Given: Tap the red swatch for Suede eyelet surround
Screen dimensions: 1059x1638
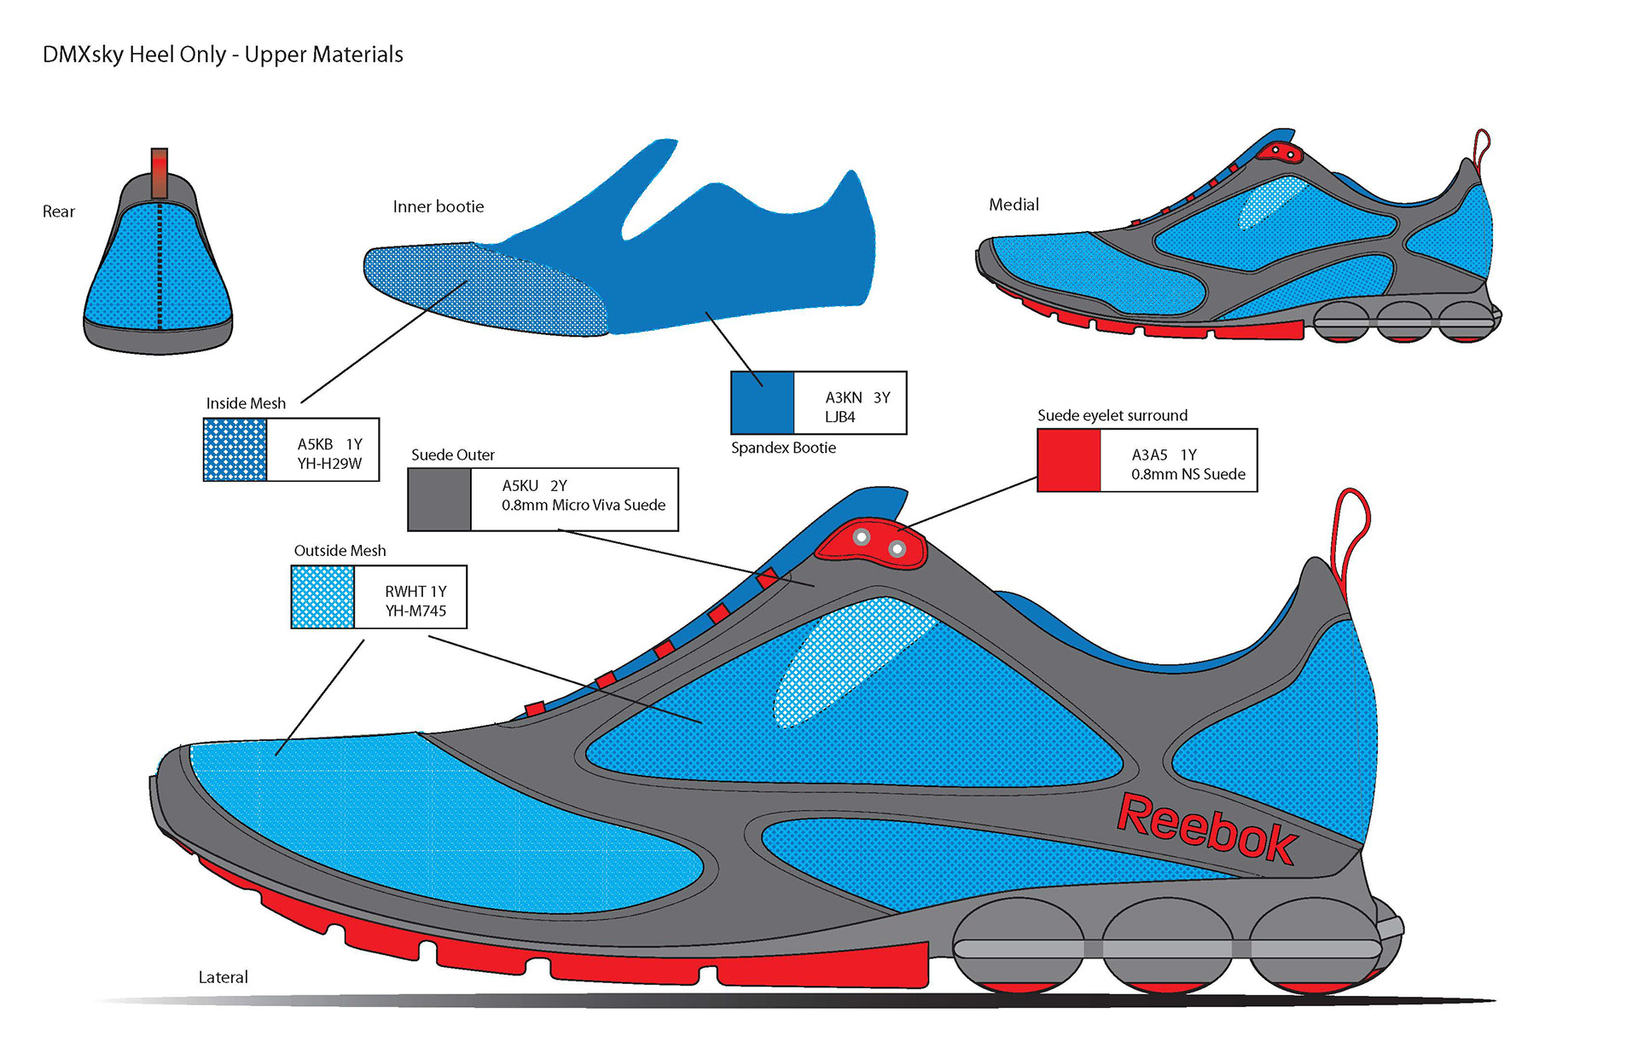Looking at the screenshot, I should pos(1068,460).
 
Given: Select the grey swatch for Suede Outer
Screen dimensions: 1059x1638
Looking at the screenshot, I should pos(439,500).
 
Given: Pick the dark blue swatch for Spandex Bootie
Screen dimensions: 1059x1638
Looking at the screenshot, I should pos(762,402).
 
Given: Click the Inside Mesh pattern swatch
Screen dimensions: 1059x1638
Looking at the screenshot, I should pos(235,450).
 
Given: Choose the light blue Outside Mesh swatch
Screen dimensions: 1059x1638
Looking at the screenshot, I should pos(322,597).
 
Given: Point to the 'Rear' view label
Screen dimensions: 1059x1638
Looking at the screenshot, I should pos(59,211).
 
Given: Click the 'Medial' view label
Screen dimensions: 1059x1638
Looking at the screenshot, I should pos(1014,205).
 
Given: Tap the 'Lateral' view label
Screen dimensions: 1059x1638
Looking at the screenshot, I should pos(223,977).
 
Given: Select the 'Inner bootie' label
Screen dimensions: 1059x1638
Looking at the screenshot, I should pos(438,206).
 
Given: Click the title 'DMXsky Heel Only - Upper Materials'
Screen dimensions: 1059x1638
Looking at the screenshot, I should pos(223,55).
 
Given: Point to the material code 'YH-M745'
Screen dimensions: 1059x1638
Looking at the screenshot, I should pos(415,611).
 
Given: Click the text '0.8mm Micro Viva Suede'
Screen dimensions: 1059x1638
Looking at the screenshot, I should pos(583,505).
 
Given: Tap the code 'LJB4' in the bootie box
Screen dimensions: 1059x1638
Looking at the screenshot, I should pos(839,417).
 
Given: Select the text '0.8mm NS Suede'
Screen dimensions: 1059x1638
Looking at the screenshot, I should pos(1188,474).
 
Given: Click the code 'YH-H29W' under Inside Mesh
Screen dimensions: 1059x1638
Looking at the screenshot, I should pos(329,463).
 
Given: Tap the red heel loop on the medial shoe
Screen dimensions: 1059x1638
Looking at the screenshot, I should pos(1481,145).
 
